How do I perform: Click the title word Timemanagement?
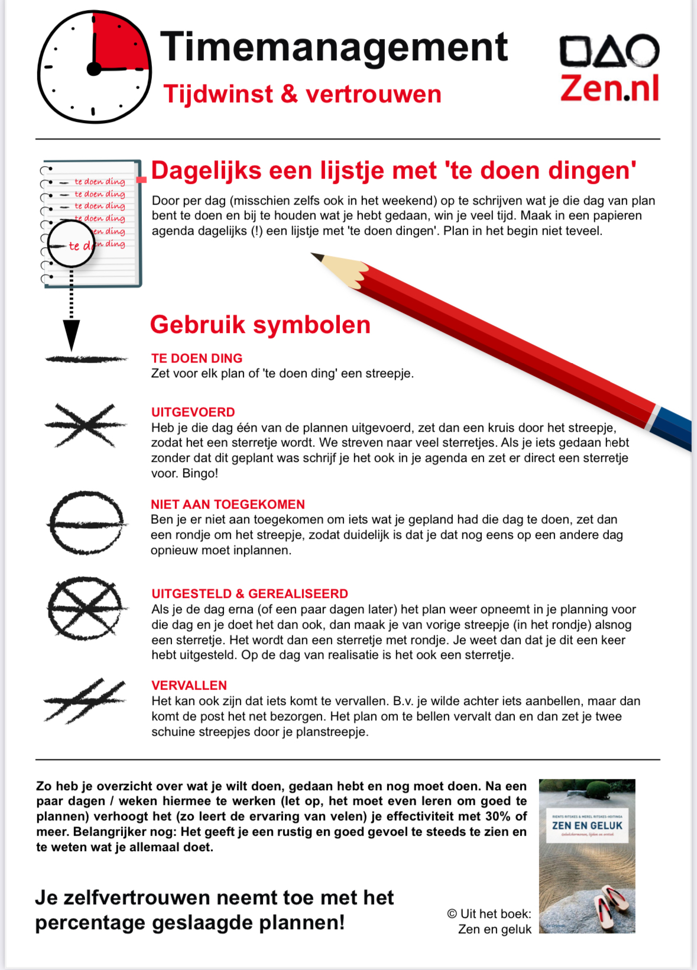click(334, 47)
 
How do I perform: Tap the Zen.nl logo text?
click(610, 89)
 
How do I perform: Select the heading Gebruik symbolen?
click(260, 325)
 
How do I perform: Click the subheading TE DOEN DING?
click(197, 358)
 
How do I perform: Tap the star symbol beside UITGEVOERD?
click(86, 425)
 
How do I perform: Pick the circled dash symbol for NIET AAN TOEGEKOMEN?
click(86, 523)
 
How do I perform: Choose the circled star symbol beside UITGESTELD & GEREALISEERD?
click(86, 609)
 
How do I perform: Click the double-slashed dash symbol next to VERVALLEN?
click(85, 701)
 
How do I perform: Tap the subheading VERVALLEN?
click(189, 686)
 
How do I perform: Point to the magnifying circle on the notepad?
click(71, 244)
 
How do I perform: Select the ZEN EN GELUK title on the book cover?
click(587, 826)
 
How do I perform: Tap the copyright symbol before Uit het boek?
click(452, 914)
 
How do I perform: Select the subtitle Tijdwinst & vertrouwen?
click(302, 94)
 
